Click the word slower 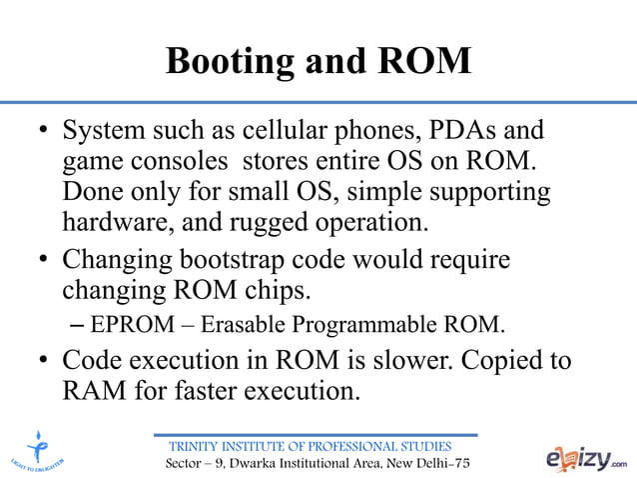403,359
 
